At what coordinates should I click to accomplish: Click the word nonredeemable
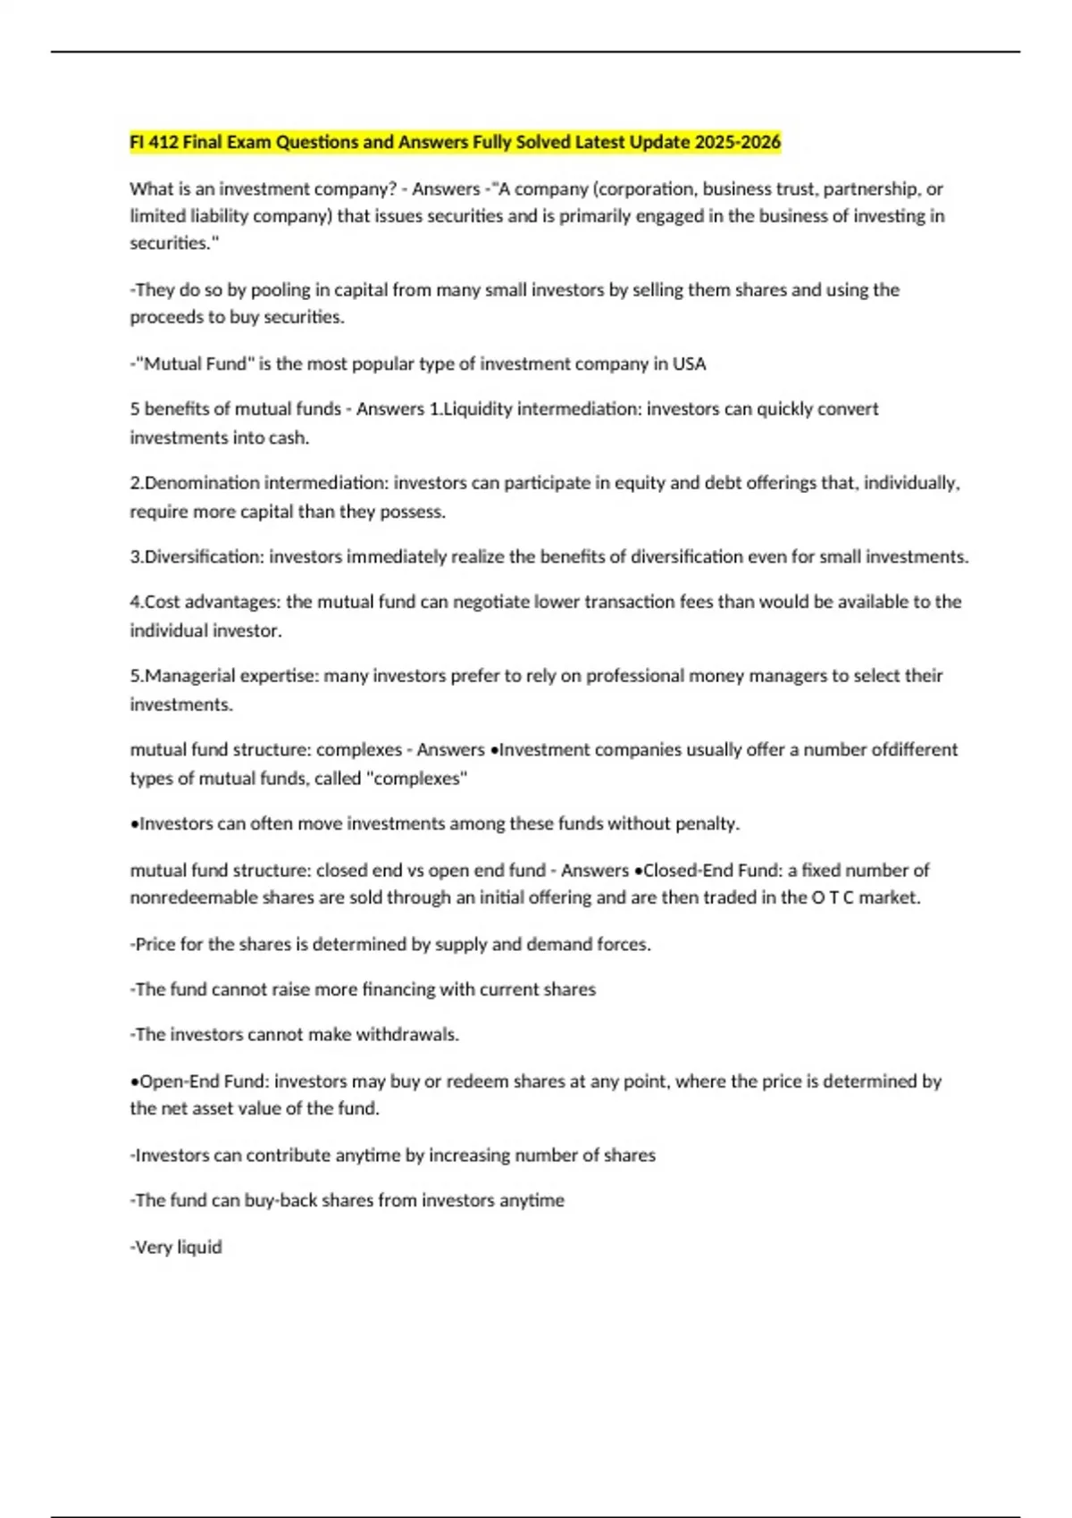pos(194,898)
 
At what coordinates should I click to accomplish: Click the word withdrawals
pos(406,1035)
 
